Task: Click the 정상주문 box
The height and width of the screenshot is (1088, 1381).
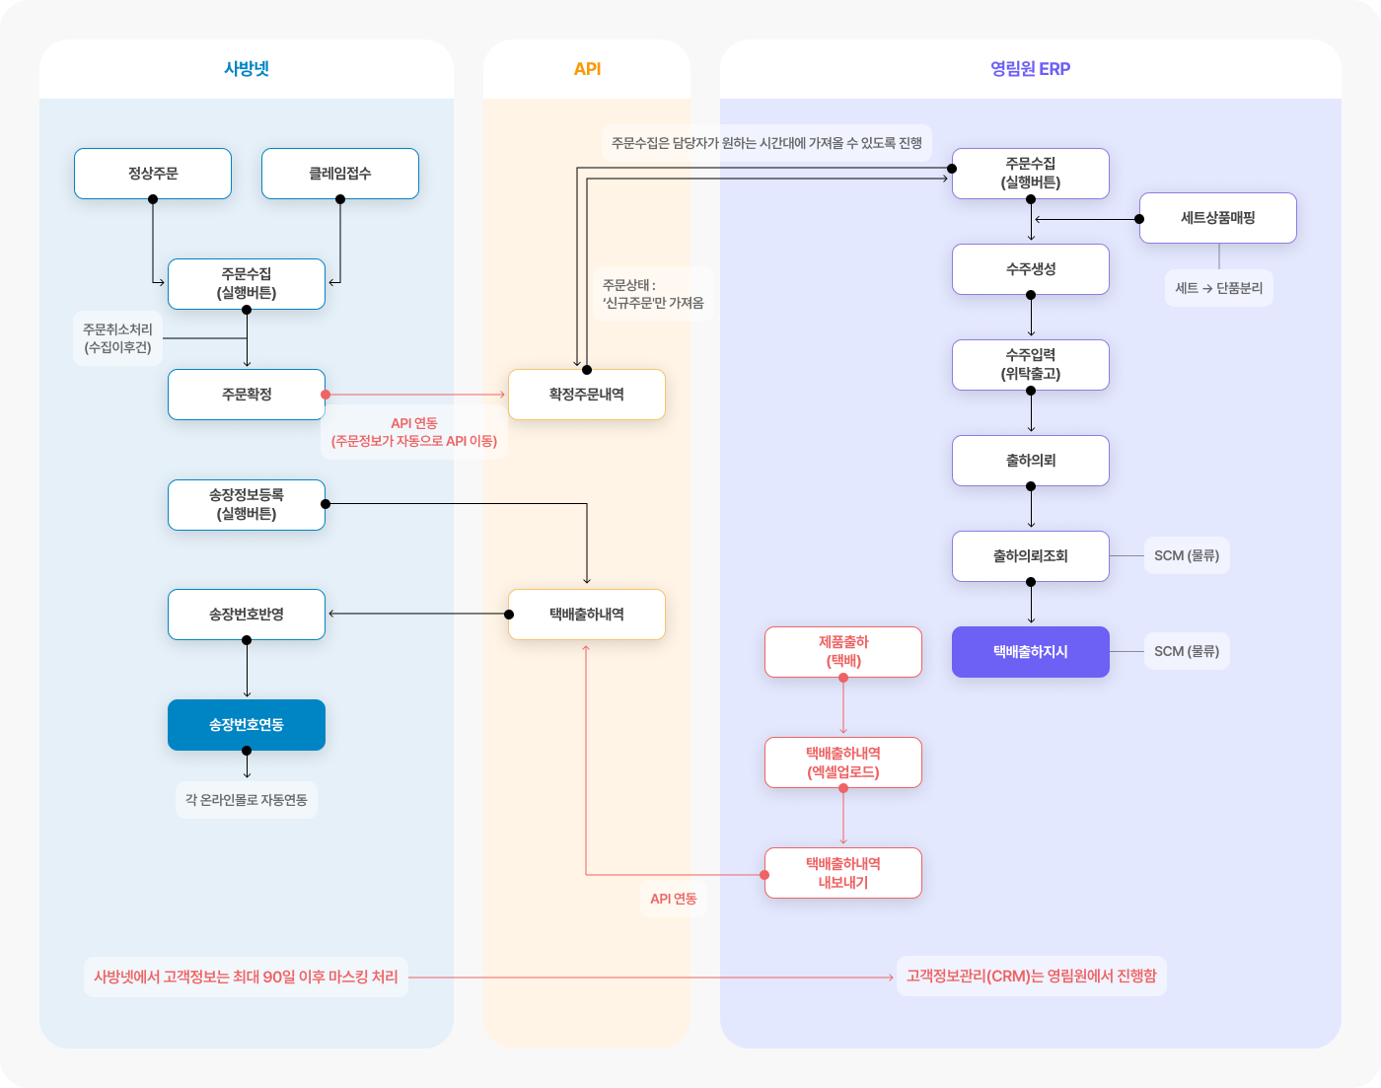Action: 153,174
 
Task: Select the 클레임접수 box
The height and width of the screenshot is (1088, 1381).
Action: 340,174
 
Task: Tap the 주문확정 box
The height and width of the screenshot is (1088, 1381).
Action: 247,395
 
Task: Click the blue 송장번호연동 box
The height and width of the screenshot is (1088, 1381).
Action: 247,725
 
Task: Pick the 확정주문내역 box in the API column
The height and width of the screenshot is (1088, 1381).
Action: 587,395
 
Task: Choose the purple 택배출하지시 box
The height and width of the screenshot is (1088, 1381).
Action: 1031,651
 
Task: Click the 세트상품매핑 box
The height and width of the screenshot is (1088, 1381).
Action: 1218,218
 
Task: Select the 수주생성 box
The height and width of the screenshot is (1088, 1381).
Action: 1031,269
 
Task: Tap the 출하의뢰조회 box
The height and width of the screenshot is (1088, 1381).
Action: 1031,556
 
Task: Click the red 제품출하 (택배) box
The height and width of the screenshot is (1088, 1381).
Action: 843,651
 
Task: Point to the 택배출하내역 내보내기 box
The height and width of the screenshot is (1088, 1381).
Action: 843,873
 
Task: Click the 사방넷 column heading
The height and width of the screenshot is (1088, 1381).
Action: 247,69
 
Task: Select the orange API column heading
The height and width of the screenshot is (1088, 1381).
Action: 587,69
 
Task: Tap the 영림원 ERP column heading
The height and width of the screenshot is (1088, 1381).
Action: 1031,69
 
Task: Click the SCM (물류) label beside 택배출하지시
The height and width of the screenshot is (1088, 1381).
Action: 1187,651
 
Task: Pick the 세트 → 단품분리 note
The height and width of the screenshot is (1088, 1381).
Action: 1218,288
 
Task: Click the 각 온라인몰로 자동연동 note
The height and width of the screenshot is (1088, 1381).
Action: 247,800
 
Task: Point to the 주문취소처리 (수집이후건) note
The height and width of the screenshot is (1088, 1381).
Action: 117,338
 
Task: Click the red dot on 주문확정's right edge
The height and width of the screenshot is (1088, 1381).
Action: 326,395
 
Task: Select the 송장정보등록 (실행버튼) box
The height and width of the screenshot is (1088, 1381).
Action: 247,504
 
